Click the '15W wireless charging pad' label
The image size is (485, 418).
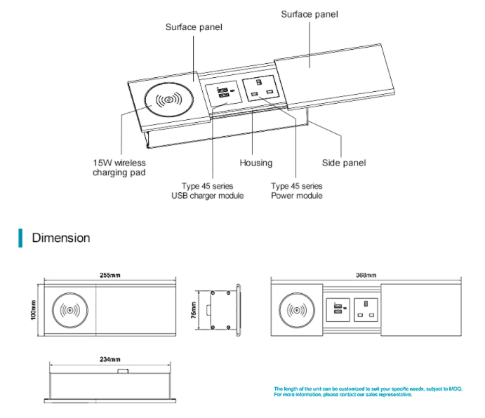tap(119, 168)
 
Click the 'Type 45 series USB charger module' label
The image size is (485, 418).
tap(207, 191)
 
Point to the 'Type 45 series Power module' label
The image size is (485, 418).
tap(297, 191)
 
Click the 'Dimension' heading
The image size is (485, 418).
tap(61, 238)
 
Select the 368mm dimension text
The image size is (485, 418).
tap(367, 276)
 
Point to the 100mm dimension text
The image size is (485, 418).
tap(33, 309)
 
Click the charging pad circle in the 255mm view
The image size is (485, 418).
tap(72, 309)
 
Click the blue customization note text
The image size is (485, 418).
tap(368, 391)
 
